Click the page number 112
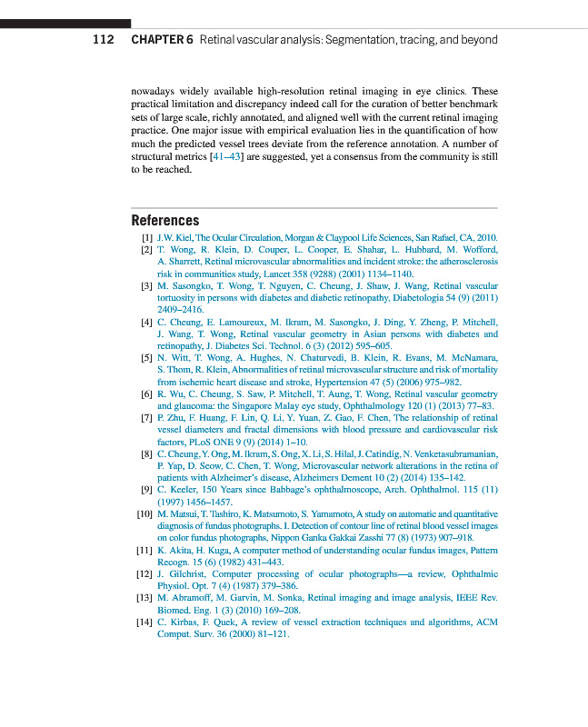click(x=103, y=40)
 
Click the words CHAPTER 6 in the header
click(x=163, y=40)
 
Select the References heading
click(x=164, y=220)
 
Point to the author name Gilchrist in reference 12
click(x=185, y=574)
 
